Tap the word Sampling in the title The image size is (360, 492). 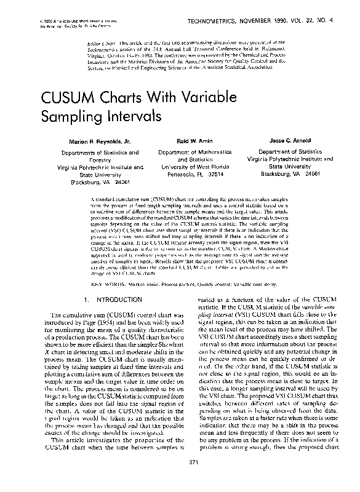(73, 116)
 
